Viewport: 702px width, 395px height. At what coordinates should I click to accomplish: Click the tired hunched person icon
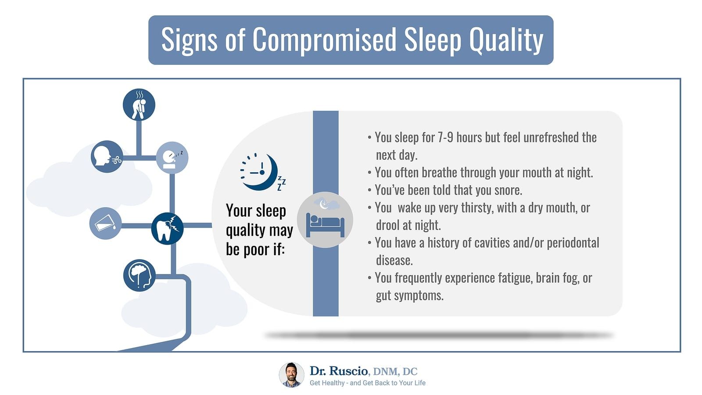tap(139, 105)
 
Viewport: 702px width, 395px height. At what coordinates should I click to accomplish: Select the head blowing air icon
tap(107, 157)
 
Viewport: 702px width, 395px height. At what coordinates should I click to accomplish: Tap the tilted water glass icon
tap(105, 223)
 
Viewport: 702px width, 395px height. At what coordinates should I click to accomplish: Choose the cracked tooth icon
tap(167, 228)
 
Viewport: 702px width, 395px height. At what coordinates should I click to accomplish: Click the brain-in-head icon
tap(140, 275)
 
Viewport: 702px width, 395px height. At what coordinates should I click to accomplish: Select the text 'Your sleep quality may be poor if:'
tap(259, 230)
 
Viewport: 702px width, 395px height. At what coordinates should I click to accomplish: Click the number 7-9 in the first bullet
tap(445, 138)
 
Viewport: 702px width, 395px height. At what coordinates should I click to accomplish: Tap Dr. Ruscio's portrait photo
tap(291, 375)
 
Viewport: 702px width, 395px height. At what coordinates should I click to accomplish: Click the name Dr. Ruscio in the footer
tap(339, 371)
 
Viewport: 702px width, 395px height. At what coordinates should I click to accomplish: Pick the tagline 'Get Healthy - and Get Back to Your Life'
tap(367, 383)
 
